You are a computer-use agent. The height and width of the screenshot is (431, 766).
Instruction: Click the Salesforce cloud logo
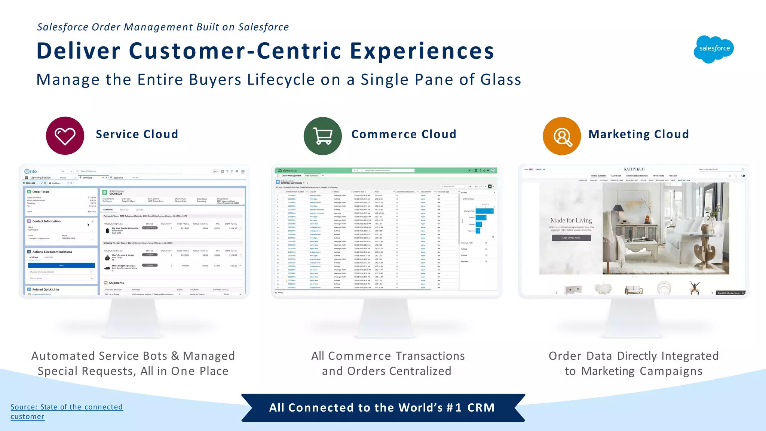click(x=714, y=49)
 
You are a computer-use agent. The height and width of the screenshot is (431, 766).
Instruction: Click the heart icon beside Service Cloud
click(x=65, y=136)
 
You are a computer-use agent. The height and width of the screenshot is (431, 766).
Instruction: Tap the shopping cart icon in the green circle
click(x=323, y=136)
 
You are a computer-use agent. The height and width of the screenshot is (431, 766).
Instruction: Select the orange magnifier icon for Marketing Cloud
click(x=562, y=136)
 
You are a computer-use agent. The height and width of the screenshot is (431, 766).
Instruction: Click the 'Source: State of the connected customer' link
click(x=66, y=411)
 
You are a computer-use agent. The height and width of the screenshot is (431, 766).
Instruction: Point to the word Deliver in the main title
click(x=78, y=51)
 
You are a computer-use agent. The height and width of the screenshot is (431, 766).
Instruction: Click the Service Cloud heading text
click(x=137, y=134)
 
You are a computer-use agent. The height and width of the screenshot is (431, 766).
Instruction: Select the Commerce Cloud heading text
click(x=404, y=134)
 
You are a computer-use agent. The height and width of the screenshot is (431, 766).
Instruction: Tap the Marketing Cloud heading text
click(x=638, y=134)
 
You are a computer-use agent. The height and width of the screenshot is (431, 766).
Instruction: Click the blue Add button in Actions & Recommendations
click(x=61, y=265)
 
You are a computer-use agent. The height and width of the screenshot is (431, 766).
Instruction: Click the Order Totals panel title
click(x=41, y=192)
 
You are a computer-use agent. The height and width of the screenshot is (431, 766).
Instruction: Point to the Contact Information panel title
click(x=46, y=221)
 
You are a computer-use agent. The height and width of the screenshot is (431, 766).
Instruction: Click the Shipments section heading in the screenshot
click(x=116, y=283)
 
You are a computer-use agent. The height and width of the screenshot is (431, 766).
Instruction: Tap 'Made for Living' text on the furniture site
click(x=571, y=221)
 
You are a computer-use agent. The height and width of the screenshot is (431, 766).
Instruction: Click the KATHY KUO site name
click(x=634, y=169)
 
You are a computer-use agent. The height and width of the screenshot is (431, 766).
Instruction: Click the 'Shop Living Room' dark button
click(x=571, y=238)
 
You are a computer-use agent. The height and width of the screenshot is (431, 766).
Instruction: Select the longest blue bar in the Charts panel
click(x=484, y=211)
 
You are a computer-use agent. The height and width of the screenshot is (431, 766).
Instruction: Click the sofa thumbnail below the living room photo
click(x=634, y=290)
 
